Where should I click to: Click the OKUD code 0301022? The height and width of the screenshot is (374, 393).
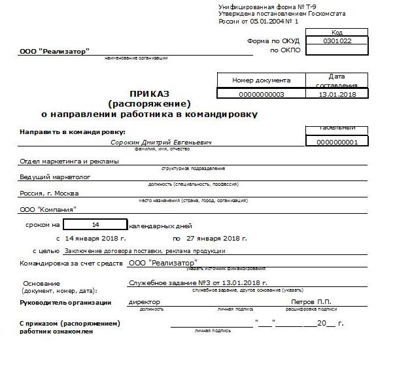[337, 41]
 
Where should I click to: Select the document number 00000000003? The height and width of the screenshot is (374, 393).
[261, 94]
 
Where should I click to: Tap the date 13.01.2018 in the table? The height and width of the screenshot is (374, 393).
[336, 94]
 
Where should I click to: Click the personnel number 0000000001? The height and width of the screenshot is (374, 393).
[336, 141]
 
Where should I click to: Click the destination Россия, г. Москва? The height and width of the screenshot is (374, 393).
[49, 193]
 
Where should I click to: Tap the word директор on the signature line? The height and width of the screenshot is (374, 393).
[145, 302]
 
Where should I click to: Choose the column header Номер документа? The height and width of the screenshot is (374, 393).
[261, 80]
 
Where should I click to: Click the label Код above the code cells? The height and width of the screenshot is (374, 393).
[337, 32]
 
